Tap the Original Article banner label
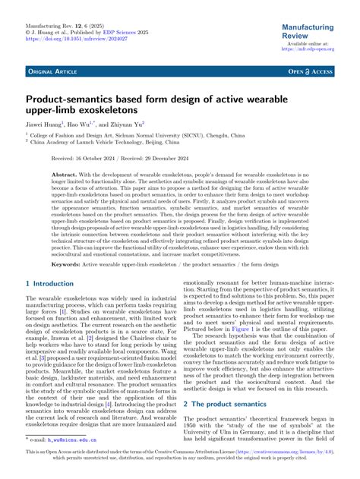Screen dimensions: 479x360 pos(53,71)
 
